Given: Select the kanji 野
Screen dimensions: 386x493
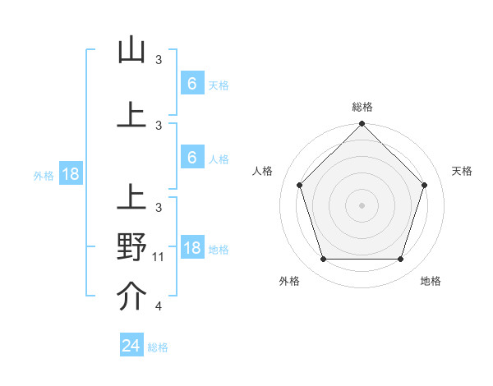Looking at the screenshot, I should tap(131, 247).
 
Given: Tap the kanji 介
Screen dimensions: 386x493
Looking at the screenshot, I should tap(131, 297).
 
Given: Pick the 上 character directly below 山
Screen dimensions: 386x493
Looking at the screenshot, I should tap(131, 115).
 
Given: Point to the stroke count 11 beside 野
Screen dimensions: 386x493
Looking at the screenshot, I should tap(159, 257).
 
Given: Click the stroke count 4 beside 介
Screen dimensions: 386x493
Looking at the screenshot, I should tap(159, 307).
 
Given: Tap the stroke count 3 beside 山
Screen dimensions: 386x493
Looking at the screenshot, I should tap(159, 59).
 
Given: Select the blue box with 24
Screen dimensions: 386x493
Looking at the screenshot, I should tap(131, 346).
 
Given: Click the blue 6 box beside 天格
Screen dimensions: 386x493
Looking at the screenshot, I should tap(191, 83).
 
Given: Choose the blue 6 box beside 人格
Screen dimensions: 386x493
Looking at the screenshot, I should tap(191, 157).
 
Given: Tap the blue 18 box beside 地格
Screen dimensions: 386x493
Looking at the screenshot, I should tap(191, 247).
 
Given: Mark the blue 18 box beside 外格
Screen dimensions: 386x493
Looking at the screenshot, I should tap(70, 173).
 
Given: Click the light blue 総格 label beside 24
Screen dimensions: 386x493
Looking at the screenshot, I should tap(158, 347).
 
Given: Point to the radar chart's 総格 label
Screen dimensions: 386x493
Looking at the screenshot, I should tap(362, 107).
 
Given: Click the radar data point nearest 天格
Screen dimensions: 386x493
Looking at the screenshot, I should tap(425, 185).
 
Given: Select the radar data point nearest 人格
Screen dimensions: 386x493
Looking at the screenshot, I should tap(300, 185).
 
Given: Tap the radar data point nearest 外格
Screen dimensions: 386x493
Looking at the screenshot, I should tap(324, 260).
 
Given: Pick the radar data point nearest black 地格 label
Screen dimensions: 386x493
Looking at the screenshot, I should tap(401, 260).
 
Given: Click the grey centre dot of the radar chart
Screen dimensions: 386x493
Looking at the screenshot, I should tap(362, 204).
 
